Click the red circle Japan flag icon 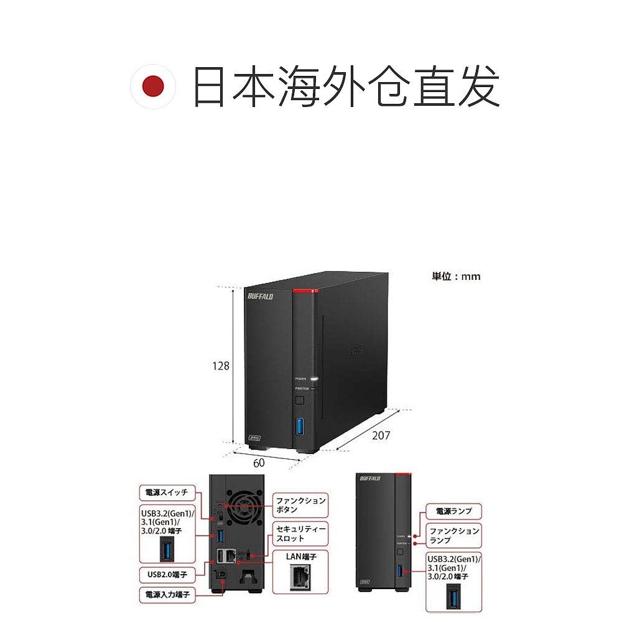point(153,88)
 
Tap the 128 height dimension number point(221,366)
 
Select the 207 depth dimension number point(380,435)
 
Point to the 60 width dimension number point(258,463)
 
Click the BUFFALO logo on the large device point(260,297)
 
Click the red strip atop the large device point(304,291)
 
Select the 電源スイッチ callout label point(166,493)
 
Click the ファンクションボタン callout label point(300,504)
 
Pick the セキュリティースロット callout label point(300,533)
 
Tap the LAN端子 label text point(301,557)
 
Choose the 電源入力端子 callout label point(166,595)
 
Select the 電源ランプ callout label point(453,511)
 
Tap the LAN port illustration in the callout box point(300,579)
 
